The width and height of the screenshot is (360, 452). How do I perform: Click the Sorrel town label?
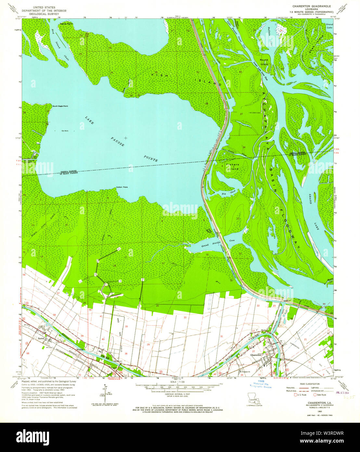pyautogui.click(x=40, y=339)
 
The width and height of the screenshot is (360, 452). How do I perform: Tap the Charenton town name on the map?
pyautogui.click(x=256, y=355)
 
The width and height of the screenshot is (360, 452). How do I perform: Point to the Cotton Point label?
pyautogui.click(x=122, y=188)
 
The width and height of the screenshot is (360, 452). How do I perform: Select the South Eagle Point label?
pyautogui.click(x=60, y=106)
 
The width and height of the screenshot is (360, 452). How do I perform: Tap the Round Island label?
pyautogui.click(x=264, y=62)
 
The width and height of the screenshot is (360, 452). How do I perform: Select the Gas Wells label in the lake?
pyautogui.click(x=65, y=131)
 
